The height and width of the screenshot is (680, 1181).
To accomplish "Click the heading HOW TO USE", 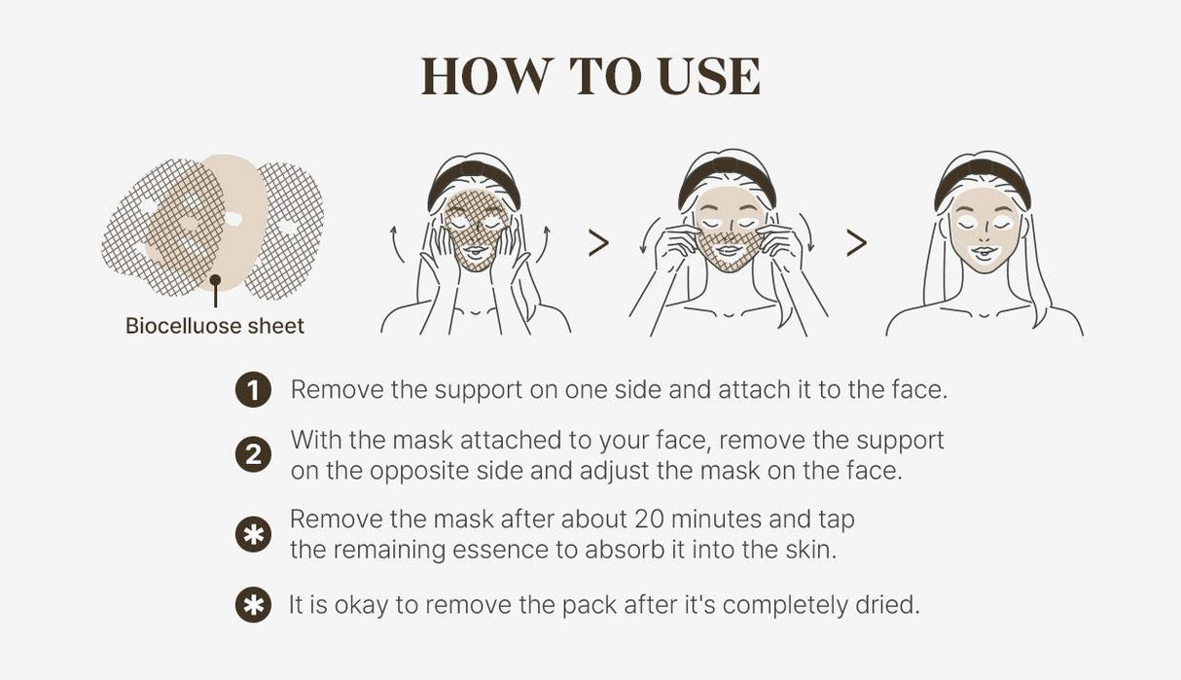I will (590, 77).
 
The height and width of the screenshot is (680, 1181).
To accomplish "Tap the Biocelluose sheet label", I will (215, 326).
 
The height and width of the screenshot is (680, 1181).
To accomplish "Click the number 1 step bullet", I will (253, 391).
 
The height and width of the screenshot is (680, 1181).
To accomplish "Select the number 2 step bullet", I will (253, 455).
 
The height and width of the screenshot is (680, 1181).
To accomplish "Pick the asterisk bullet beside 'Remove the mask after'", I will (253, 534).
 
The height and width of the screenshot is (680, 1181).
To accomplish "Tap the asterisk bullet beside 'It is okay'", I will (253, 605).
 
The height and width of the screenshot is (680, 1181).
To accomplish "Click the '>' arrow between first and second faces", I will (598, 243).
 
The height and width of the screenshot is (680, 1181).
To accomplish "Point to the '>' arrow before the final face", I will (856, 243).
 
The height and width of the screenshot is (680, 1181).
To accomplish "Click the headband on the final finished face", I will (983, 174).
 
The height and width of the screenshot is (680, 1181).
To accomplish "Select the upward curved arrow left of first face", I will (396, 241).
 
